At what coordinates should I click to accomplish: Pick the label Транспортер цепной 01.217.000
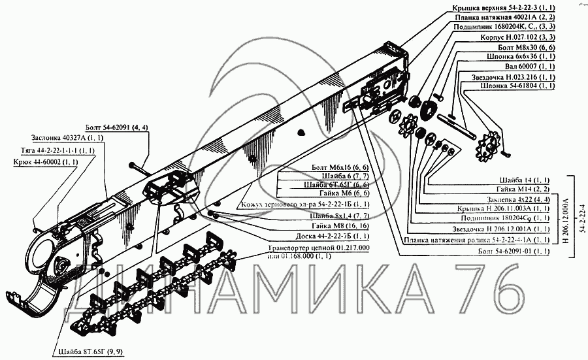[x=319, y=249]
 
